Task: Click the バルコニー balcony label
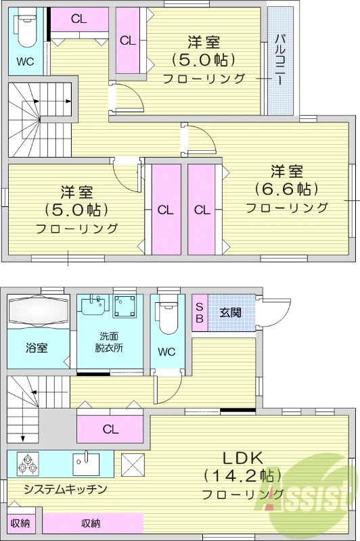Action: (x=279, y=60)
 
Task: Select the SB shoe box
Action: (x=200, y=312)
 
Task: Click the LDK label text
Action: (x=235, y=457)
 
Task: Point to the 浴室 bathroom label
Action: (x=37, y=348)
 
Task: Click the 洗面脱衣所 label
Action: (x=109, y=342)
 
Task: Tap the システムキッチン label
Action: (x=65, y=488)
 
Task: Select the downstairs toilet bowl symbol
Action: (x=167, y=314)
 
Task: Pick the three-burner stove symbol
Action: (x=28, y=463)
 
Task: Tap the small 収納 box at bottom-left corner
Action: (x=20, y=523)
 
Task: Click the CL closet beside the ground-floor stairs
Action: (x=110, y=428)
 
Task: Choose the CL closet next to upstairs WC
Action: (x=78, y=19)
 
